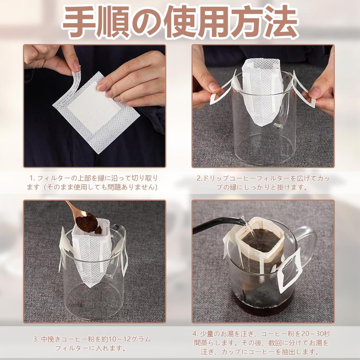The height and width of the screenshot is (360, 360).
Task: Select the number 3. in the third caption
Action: [x=36, y=339]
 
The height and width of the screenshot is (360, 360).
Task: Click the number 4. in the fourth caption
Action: [x=194, y=333]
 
